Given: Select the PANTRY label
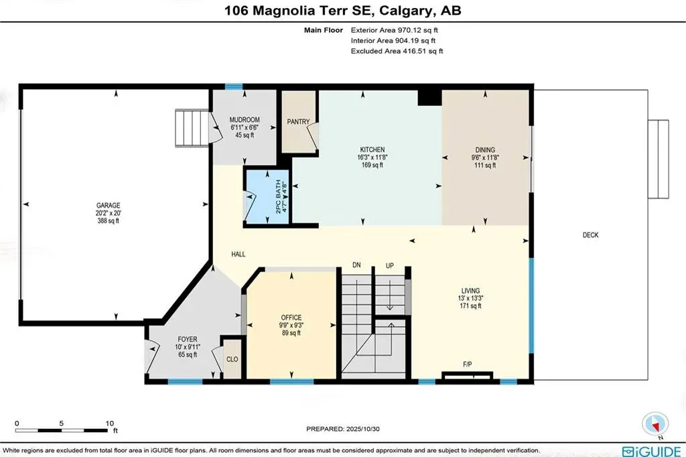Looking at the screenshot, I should coord(297,122).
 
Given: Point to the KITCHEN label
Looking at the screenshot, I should coord(372,149).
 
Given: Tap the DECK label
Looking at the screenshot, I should coord(590,235).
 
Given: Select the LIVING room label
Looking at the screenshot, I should coord(470,290).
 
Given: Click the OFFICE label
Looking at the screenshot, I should coord(291,318).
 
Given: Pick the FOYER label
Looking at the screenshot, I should coord(188,340).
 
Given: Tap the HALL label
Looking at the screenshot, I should coord(238,255).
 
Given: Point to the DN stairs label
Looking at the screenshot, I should coord(357,266).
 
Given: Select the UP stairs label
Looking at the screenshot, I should coord(389,266).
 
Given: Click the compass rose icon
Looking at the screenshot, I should coord(655,424).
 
